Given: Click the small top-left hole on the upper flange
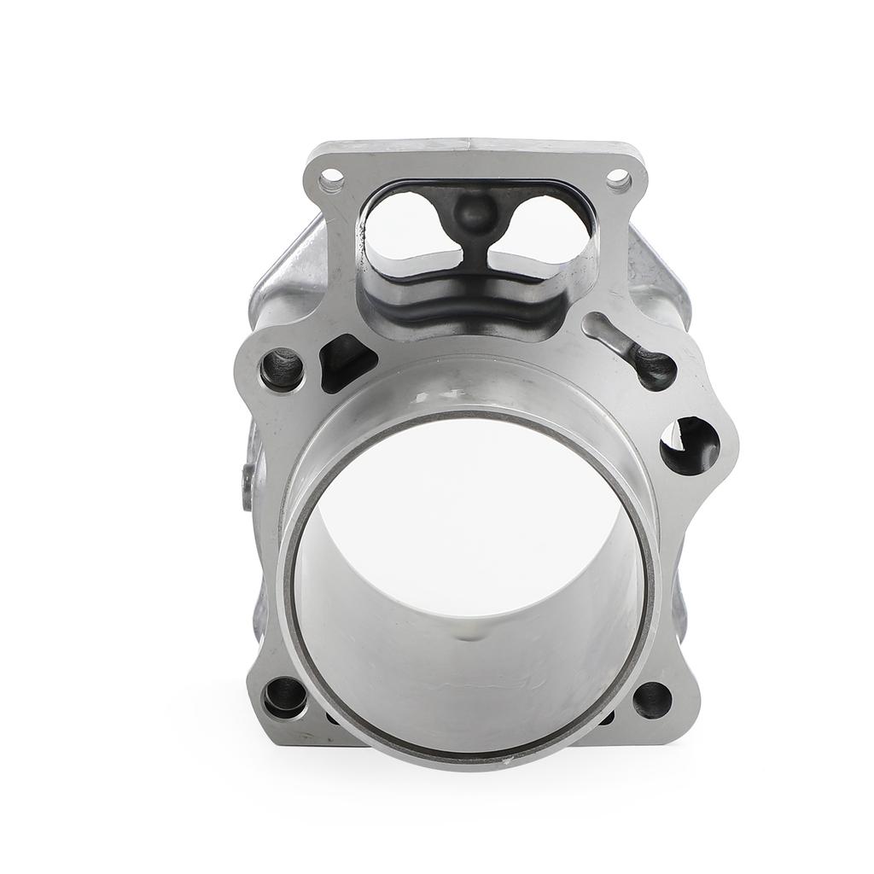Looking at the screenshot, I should (x=331, y=180).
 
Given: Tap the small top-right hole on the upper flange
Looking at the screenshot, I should (x=619, y=180).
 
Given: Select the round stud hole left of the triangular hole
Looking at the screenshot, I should (x=283, y=369).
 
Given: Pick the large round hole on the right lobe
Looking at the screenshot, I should (x=690, y=445).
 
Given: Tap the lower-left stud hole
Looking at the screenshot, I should (x=285, y=696).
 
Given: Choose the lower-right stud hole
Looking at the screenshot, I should (x=653, y=699).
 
